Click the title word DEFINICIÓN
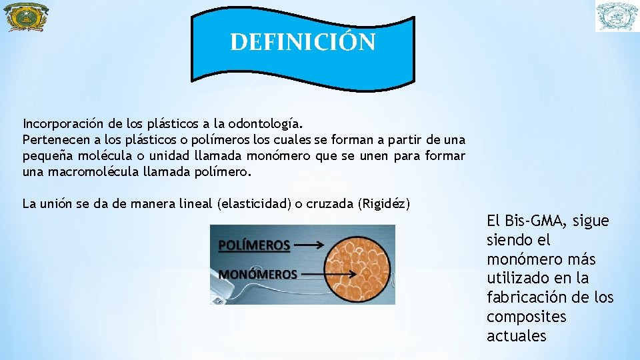point(303,42)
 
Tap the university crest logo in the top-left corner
point(26,17)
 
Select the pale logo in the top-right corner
point(616,17)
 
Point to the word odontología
point(265,124)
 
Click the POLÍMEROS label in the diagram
point(254,245)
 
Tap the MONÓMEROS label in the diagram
point(257,274)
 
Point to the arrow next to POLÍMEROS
point(309,245)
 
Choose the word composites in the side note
point(526,317)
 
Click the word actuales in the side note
point(516,336)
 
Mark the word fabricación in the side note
point(523,297)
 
